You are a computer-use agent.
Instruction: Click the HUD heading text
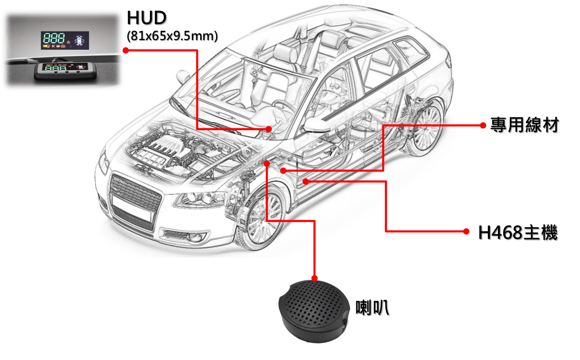(147, 18)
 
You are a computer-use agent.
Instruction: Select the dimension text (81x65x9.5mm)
(172, 36)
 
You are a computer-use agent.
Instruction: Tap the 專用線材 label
(524, 125)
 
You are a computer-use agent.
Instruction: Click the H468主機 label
(518, 233)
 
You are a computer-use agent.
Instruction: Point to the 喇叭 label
(372, 308)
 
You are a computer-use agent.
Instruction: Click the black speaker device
(314, 311)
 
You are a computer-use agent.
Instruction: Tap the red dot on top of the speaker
(314, 278)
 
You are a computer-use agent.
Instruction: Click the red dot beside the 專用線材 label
(483, 126)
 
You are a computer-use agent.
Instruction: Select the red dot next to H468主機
(466, 231)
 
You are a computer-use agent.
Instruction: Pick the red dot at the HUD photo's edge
(126, 50)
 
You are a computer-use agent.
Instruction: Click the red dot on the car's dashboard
(269, 129)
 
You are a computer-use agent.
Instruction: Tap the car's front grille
(135, 192)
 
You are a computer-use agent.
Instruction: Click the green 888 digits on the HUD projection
(54, 38)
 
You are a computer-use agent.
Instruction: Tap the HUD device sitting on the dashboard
(66, 70)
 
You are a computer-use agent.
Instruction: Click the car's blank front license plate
(131, 208)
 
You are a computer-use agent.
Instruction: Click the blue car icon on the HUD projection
(80, 41)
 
